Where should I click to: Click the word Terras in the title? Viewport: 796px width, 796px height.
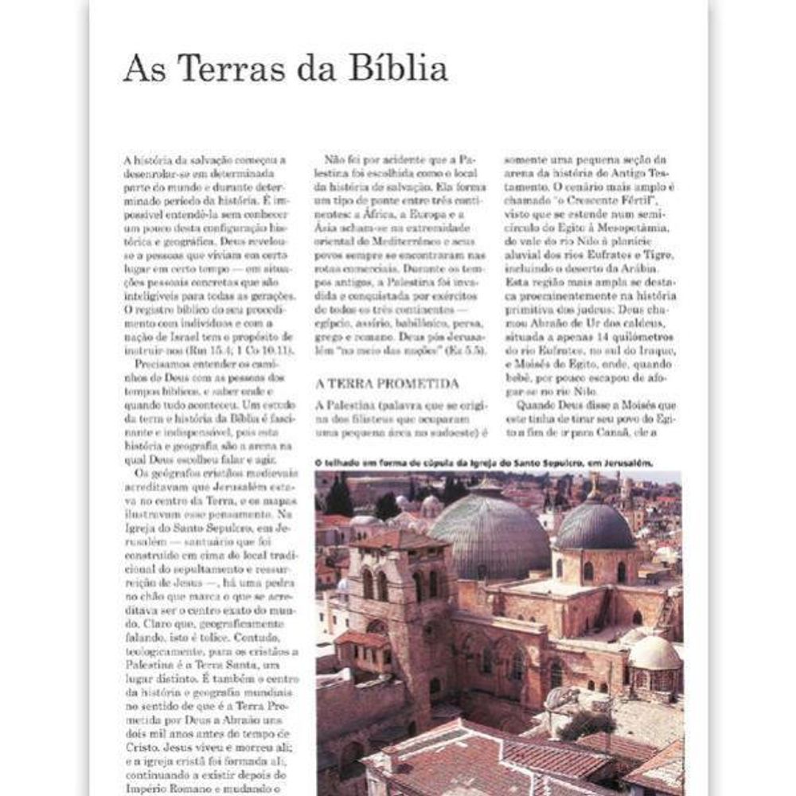(x=222, y=68)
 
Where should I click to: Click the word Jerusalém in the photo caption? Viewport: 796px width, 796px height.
(x=626, y=462)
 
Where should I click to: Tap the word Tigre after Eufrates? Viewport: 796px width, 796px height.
(x=658, y=254)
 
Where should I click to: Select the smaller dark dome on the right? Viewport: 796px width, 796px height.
(x=595, y=527)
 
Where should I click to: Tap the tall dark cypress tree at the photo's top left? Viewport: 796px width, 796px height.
(x=339, y=497)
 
